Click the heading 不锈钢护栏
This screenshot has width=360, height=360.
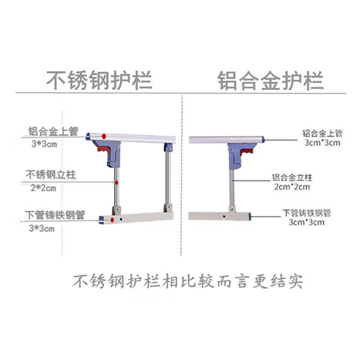coord(99,80)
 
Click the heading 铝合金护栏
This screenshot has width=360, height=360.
coord(271,80)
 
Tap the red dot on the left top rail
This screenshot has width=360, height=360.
coord(104,136)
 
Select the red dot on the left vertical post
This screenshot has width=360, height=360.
coord(116,183)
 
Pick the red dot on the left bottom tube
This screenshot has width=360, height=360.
coord(112,220)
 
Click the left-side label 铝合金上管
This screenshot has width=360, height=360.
coord(53,131)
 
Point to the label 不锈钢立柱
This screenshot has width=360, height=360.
coord(51,175)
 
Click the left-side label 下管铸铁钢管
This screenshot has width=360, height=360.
coord(55,215)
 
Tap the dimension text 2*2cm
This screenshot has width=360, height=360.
coord(43,188)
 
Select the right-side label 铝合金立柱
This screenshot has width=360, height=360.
coord(292,178)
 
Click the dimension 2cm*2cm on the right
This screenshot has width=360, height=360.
coord(292,187)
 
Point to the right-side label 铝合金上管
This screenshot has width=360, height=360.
coord(322,134)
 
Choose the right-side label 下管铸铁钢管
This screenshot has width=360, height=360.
coord(307,213)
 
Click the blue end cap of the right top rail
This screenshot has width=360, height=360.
coord(263,139)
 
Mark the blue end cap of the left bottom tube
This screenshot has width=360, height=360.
coord(101,220)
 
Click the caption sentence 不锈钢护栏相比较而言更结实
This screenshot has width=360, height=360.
coord(188,281)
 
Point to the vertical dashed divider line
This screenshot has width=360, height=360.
coord(182,175)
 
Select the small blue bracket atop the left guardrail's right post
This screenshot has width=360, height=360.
coord(168,148)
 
